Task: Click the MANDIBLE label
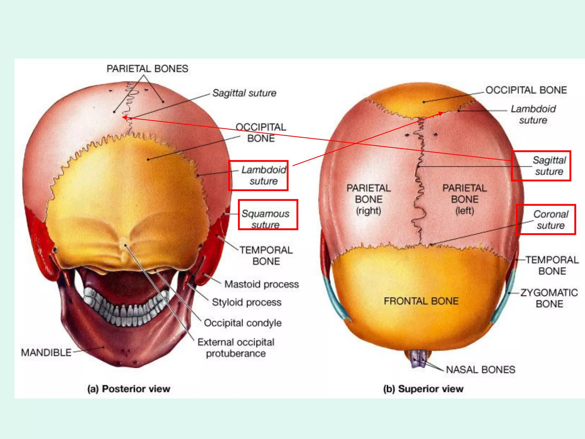point(46,352)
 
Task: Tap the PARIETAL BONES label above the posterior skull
point(147,69)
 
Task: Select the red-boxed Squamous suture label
point(266,219)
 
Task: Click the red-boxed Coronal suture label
point(551,219)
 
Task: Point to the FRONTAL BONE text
point(421,301)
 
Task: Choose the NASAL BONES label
point(480,370)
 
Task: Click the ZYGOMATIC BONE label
point(549,298)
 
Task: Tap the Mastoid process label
point(261,284)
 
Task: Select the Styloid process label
point(247,302)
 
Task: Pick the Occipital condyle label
point(243,323)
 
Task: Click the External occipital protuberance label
point(236,348)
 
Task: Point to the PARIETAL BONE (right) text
point(368,199)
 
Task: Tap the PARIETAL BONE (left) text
point(464,199)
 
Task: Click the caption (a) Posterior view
point(129,389)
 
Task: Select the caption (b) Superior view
point(423,389)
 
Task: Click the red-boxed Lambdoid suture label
point(263,175)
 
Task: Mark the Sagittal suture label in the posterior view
point(244,93)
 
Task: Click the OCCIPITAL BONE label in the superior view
point(526,90)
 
